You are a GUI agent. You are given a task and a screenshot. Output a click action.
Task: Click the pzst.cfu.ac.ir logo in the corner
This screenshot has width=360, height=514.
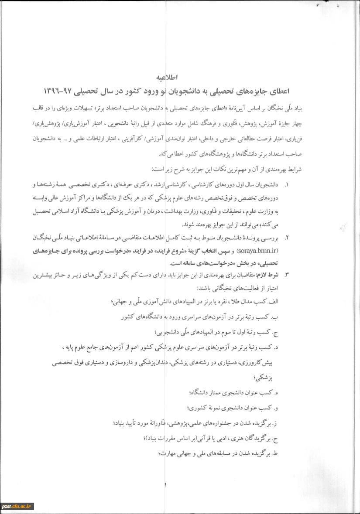point(17,506)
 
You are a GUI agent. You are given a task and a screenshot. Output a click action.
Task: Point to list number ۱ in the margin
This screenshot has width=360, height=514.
point(286,184)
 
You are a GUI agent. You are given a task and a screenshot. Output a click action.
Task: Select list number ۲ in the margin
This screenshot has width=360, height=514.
point(286,238)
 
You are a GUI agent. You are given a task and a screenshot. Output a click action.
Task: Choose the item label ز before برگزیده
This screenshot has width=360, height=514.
point(275,423)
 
